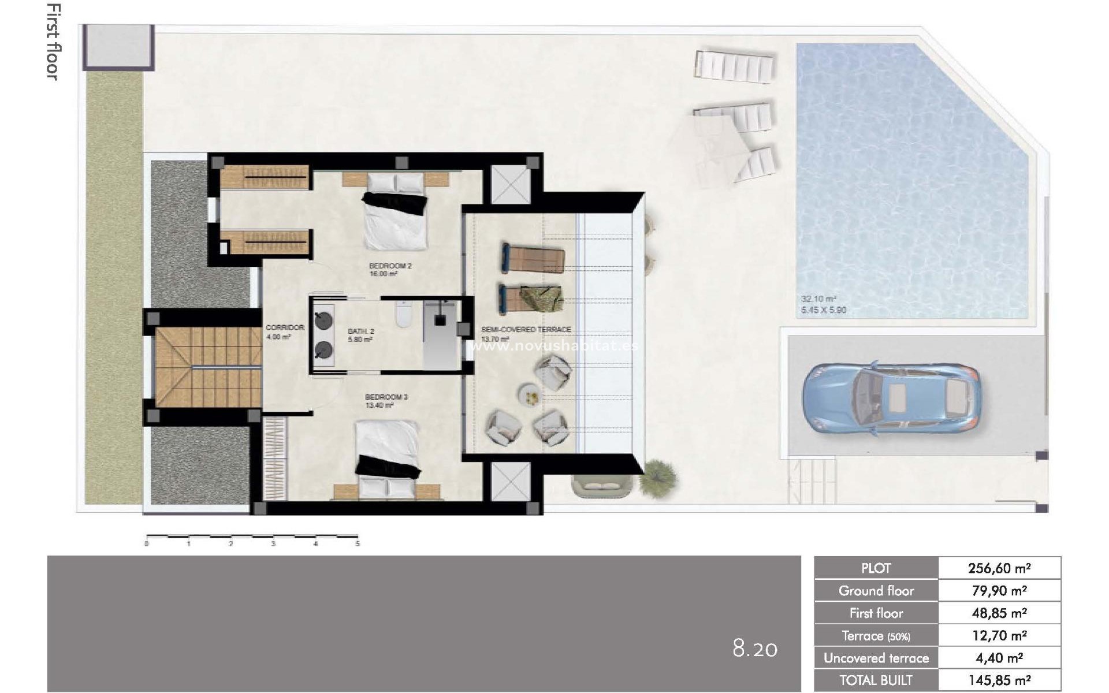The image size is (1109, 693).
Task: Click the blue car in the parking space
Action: [891, 398]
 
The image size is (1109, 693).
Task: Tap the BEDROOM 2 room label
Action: [390, 266]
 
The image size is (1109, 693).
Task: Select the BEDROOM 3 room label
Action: [386, 397]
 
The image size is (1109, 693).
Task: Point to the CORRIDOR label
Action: [285, 327]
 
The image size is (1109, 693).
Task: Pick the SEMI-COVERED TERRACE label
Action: [526, 330]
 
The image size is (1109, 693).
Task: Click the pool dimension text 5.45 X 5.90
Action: [823, 311]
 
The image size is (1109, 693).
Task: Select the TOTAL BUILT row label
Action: [876, 680]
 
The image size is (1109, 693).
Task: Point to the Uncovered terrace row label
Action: [876, 658]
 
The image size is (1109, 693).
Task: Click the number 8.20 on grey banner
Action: [754, 649]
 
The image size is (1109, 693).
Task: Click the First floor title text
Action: [53, 42]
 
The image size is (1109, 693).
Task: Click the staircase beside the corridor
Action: [208, 367]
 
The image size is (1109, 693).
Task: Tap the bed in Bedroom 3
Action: [387, 456]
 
